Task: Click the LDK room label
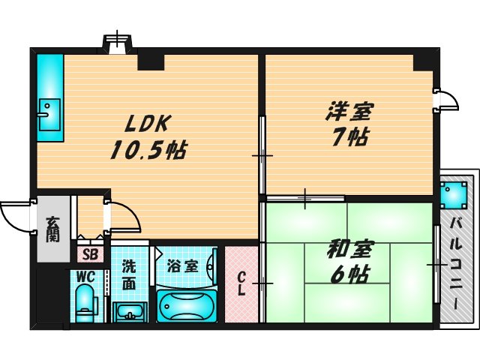click(148, 123)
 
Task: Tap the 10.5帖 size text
click(148, 150)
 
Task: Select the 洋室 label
click(348, 112)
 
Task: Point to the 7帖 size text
click(348, 138)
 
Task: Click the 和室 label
click(347, 248)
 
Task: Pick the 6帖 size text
click(347, 274)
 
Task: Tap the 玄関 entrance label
click(52, 229)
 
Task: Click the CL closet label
click(241, 284)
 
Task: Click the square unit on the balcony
click(453, 196)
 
